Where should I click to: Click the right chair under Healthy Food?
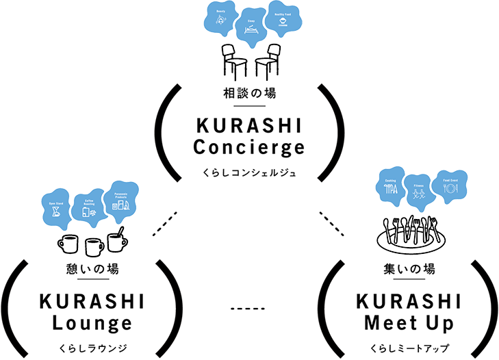268,60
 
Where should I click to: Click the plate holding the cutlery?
410,239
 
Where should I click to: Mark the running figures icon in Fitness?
419,196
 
